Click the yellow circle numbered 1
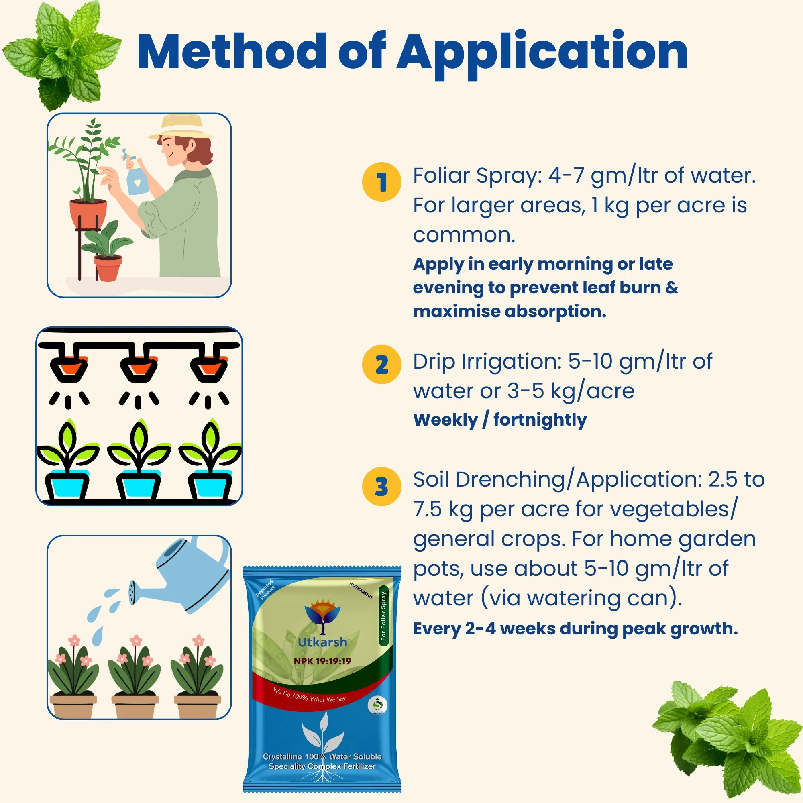pyautogui.click(x=381, y=182)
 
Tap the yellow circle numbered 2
pyautogui.click(x=381, y=365)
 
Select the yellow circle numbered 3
pyautogui.click(x=381, y=486)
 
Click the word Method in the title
pyautogui.click(x=231, y=52)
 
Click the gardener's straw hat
pyautogui.click(x=182, y=127)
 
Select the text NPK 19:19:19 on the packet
pyautogui.click(x=322, y=661)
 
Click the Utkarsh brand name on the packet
pyautogui.click(x=322, y=642)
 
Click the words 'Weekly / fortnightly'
pyautogui.click(x=499, y=420)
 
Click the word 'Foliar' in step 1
pyautogui.click(x=441, y=175)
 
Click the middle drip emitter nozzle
pyautogui.click(x=139, y=368)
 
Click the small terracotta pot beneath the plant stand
pyautogui.click(x=108, y=268)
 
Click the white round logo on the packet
pyautogui.click(x=377, y=705)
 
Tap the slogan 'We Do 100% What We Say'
pyautogui.click(x=310, y=695)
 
